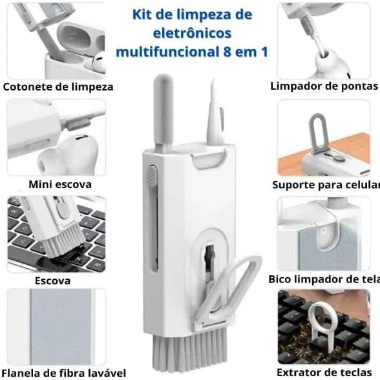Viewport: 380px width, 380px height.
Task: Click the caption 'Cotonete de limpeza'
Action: (x=58, y=87)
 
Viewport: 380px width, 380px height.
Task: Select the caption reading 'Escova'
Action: (x=52, y=281)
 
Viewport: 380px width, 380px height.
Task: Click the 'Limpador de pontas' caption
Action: (x=324, y=86)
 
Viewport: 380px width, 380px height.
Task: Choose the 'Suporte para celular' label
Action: (x=325, y=184)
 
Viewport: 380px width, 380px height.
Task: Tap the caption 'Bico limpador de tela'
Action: (x=324, y=279)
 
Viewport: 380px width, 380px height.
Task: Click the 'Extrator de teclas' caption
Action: (x=324, y=372)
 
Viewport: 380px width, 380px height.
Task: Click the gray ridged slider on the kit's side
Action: (x=153, y=177)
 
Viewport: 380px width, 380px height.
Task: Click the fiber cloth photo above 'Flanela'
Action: (x=56, y=326)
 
